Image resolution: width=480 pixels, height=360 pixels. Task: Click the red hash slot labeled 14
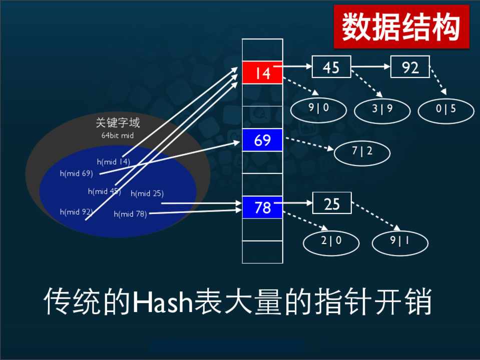coord(262,72)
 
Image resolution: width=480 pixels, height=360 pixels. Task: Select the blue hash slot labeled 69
coord(262,140)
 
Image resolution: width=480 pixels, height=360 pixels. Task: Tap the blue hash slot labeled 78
coord(262,207)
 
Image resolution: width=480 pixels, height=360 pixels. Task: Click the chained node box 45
coord(331,66)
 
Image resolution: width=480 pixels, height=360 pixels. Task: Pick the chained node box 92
coord(410,66)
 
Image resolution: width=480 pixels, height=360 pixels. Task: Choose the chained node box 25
coord(332,203)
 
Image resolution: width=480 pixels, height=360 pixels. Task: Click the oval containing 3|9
coord(382,110)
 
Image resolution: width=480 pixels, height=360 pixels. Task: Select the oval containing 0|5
coord(446,110)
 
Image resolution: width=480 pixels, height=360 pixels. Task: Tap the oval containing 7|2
coord(362,152)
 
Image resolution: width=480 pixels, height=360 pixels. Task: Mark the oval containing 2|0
coord(331,242)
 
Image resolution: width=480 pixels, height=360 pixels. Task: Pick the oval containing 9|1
coord(400,242)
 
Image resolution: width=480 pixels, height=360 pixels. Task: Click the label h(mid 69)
coord(76,173)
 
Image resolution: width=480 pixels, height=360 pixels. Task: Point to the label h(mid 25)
coord(147,193)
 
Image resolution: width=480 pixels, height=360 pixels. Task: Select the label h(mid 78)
coord(131,214)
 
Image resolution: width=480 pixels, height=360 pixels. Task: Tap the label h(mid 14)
coord(114,161)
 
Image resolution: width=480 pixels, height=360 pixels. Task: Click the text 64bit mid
coord(118,135)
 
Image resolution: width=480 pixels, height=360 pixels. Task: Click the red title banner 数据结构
coord(401,26)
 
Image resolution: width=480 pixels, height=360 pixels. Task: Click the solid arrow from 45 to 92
coord(371,66)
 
